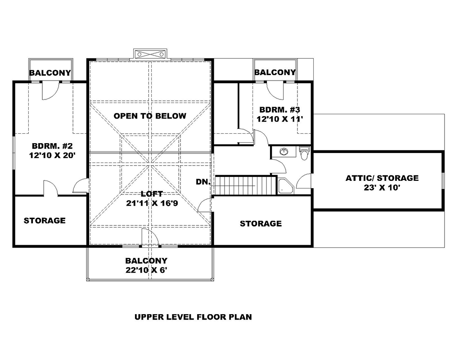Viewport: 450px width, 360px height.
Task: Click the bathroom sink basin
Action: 283,152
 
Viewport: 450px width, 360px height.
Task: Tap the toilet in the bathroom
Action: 305,153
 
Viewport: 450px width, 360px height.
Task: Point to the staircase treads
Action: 243,185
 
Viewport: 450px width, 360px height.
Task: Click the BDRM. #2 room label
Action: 49,146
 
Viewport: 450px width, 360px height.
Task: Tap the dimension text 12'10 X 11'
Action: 276,119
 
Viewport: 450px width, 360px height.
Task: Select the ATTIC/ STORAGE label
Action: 382,178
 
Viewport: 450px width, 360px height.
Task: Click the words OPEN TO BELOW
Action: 150,116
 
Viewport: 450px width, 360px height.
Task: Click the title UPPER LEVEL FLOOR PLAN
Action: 193,317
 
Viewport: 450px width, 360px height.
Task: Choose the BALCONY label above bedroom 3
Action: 275,72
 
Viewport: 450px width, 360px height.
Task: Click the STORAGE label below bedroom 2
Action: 45,220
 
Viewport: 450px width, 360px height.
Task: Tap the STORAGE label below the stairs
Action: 261,224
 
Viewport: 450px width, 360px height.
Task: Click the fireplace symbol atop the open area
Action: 151,54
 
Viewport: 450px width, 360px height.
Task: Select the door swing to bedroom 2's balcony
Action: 49,92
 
